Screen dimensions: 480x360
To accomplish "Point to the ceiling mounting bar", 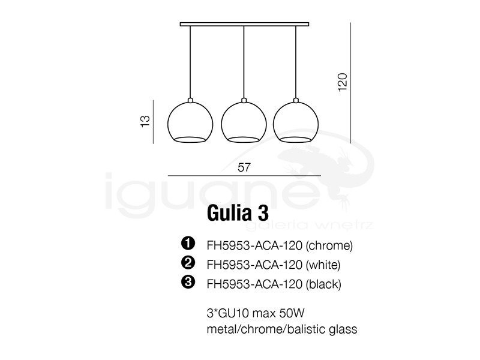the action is pos(244,24).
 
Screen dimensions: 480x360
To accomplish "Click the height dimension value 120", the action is pos(343,82).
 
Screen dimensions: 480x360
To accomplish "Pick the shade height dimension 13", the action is pos(145,121).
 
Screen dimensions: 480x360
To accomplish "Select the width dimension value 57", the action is pos(244,167).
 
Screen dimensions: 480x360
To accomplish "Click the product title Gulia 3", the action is pos(238,213).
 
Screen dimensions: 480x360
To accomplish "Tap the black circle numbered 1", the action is pos(188,243).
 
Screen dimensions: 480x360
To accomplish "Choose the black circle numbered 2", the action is pos(188,262).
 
